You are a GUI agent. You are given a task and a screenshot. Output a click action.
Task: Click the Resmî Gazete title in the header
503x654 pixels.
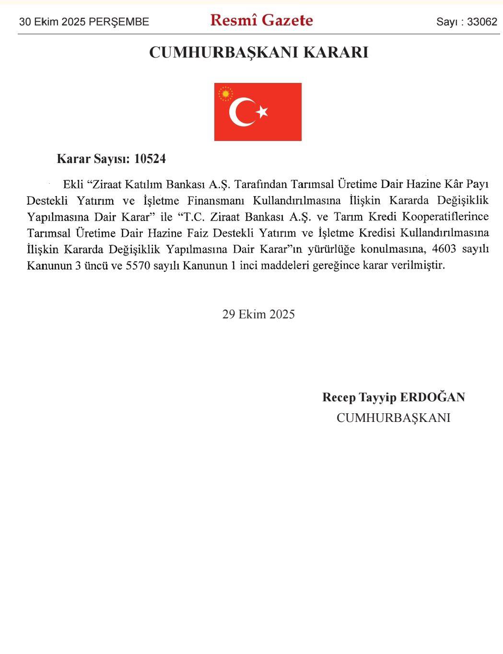tap(261, 20)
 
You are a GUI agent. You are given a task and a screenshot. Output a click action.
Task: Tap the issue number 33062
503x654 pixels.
tap(482, 22)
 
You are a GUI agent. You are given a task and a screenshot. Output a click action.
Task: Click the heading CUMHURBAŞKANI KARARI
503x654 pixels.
tap(258, 52)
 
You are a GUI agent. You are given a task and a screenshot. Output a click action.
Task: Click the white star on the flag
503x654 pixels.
tap(262, 112)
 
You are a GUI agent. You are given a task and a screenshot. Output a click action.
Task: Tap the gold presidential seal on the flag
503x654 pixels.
tap(225, 93)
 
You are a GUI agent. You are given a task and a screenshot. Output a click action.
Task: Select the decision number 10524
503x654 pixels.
tap(150, 159)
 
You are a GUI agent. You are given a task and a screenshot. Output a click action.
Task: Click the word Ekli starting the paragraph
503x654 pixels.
tap(73, 184)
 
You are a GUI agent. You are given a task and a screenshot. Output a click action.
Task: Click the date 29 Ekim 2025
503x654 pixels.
tap(258, 314)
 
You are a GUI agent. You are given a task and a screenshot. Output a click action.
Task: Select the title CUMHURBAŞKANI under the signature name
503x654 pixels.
tap(393, 418)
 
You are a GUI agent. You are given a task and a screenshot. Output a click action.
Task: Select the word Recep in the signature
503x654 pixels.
tap(339, 397)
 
